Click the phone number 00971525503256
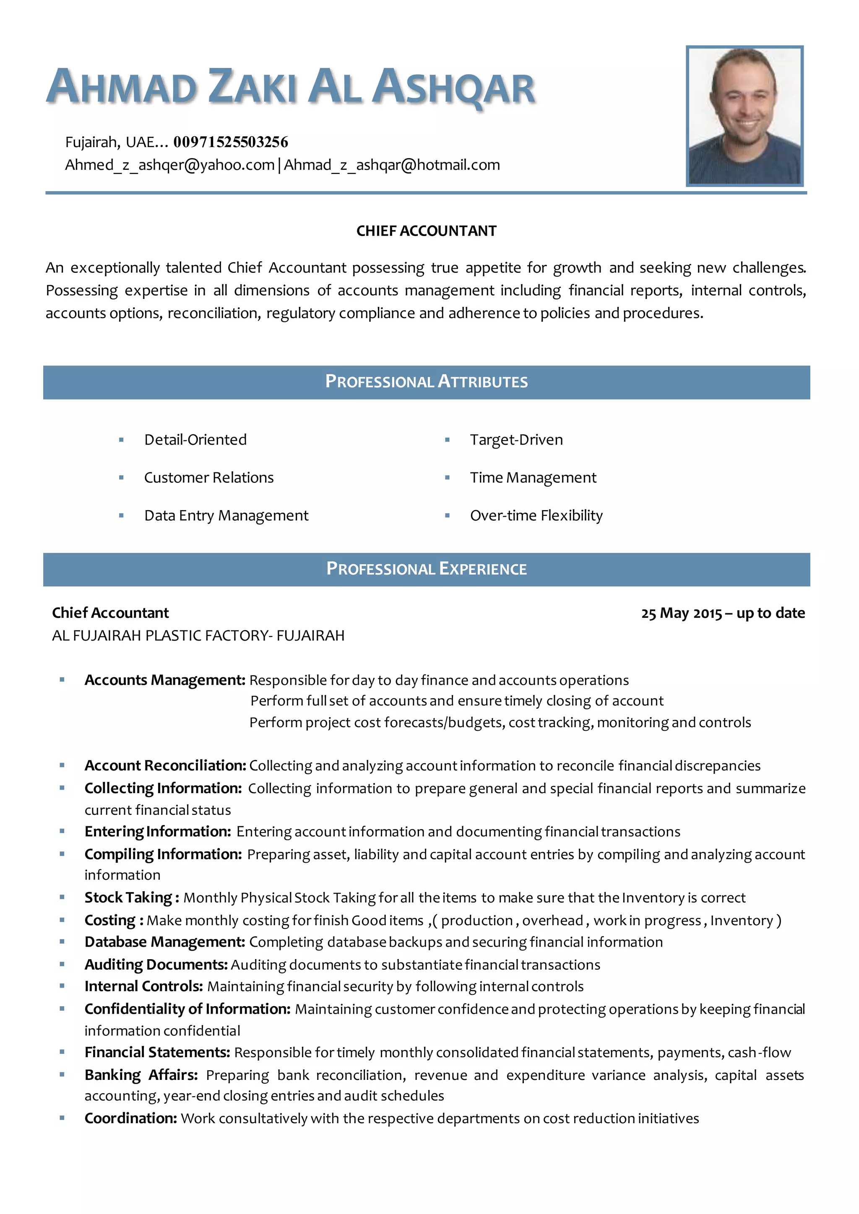click(x=231, y=142)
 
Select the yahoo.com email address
click(x=169, y=165)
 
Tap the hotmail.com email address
click(x=391, y=165)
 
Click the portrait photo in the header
click(x=744, y=116)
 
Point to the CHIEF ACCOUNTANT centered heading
click(x=426, y=231)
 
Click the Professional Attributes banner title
click(x=426, y=382)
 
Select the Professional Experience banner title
click(x=426, y=569)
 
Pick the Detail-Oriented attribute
click(x=195, y=440)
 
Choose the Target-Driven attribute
click(x=516, y=440)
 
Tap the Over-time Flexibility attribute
click(x=536, y=516)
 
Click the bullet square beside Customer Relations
click(x=121, y=478)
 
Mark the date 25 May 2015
click(x=681, y=613)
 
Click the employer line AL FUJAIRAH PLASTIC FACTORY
click(x=198, y=636)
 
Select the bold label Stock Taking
click(x=128, y=898)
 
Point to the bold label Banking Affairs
click(x=141, y=1075)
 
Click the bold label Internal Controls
click(x=143, y=987)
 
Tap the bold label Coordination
click(x=130, y=1119)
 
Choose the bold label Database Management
click(x=164, y=942)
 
